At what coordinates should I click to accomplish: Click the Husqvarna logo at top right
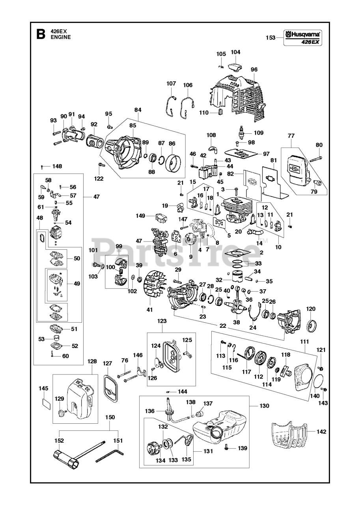click(303, 35)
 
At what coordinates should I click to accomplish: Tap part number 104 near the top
click(235, 52)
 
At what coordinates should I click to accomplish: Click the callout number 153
click(270, 37)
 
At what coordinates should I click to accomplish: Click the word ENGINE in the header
click(60, 37)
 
